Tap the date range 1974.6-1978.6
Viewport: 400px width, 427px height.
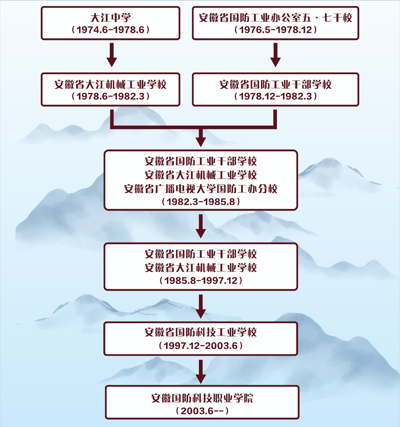coord(111,30)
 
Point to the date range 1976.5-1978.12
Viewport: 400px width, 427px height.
coord(275,30)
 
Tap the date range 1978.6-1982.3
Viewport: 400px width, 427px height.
coord(111,96)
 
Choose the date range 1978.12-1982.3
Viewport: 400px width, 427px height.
coord(275,96)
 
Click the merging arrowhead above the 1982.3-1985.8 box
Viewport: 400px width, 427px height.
coord(201,140)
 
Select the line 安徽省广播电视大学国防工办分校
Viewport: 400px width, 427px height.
coord(201,189)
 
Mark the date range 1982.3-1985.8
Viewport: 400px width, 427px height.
coord(201,202)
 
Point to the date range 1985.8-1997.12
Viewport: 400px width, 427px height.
coord(201,281)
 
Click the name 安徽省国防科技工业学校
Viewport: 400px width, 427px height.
coord(201,332)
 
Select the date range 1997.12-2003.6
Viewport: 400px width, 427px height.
coord(201,346)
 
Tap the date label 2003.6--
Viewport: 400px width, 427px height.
coord(202,411)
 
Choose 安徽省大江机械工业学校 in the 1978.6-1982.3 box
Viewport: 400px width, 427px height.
coord(111,84)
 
